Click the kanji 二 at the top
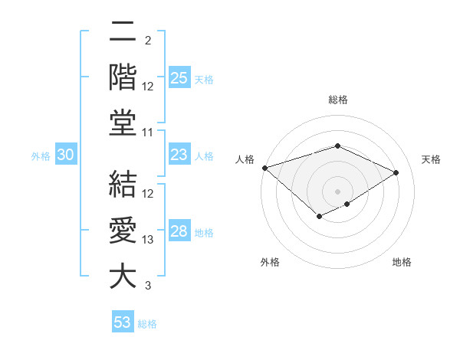pyautogui.click(x=123, y=33)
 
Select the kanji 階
pyautogui.click(x=123, y=78)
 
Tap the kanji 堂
pyautogui.click(x=123, y=123)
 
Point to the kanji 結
pyautogui.click(x=123, y=185)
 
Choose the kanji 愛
pyautogui.click(x=123, y=231)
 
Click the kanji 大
pyautogui.click(x=123, y=276)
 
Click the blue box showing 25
pyautogui.click(x=179, y=78)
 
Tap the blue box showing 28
pyautogui.click(x=179, y=232)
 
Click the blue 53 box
pyautogui.click(x=123, y=322)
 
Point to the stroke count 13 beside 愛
pyautogui.click(x=149, y=240)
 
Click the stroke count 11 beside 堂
pyautogui.click(x=149, y=133)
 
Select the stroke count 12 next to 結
pyautogui.click(x=149, y=194)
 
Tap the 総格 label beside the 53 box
pyautogui.click(x=147, y=324)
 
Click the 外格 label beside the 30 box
pyautogui.click(x=41, y=156)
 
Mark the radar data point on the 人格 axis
pyautogui.click(x=264, y=168)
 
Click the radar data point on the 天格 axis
pyautogui.click(x=396, y=172)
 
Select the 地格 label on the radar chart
pyautogui.click(x=402, y=263)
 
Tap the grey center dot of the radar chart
pyautogui.click(x=337, y=191)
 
